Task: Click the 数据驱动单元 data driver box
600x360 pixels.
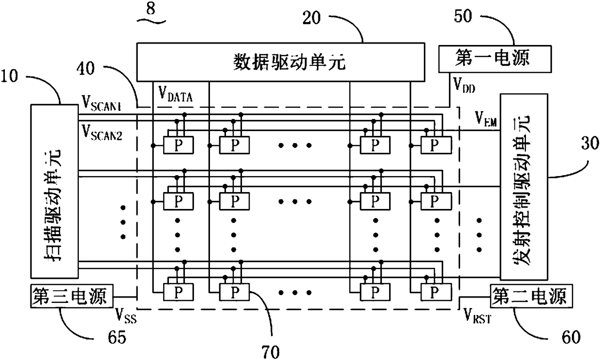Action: [x=281, y=62]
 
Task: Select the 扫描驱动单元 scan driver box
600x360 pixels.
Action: [x=54, y=191]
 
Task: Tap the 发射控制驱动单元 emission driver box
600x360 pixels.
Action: [x=524, y=187]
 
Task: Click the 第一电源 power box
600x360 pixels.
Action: [x=495, y=59]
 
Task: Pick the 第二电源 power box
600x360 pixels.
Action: [x=531, y=296]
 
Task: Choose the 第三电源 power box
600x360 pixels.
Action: [x=72, y=296]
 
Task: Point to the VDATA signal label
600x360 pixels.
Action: [x=176, y=94]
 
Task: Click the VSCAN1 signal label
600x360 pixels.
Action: [x=102, y=103]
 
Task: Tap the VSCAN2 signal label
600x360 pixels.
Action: [x=102, y=133]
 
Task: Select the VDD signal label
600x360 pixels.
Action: [x=464, y=85]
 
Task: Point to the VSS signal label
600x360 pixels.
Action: [x=126, y=316]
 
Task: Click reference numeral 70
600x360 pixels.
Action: [x=270, y=351]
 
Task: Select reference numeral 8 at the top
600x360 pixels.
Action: [x=151, y=9]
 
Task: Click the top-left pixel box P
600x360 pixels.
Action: [x=179, y=145]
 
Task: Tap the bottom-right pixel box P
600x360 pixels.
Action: [x=436, y=292]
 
